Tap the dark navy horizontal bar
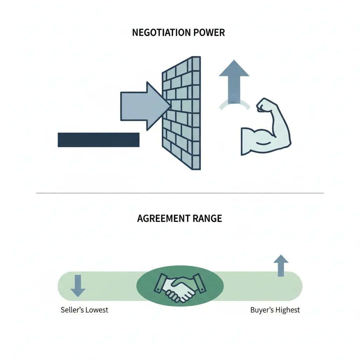(x=98, y=140)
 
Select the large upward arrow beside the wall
(x=234, y=81)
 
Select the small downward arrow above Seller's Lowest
(x=78, y=286)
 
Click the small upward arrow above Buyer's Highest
(x=281, y=265)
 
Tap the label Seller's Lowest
(x=84, y=310)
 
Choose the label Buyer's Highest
(x=275, y=310)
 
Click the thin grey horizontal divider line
(x=180, y=193)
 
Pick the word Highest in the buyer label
(x=288, y=310)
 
